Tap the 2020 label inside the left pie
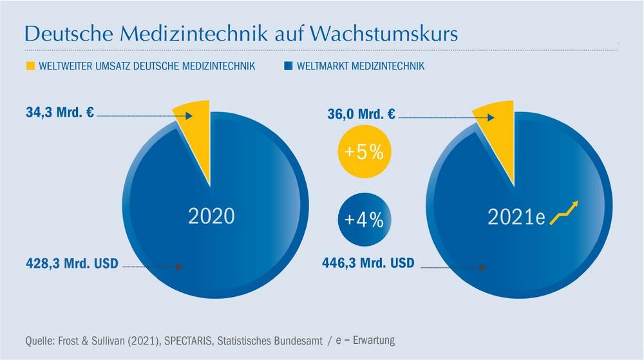[211, 216]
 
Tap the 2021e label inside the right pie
[516, 217]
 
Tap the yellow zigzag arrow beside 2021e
[564, 213]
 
